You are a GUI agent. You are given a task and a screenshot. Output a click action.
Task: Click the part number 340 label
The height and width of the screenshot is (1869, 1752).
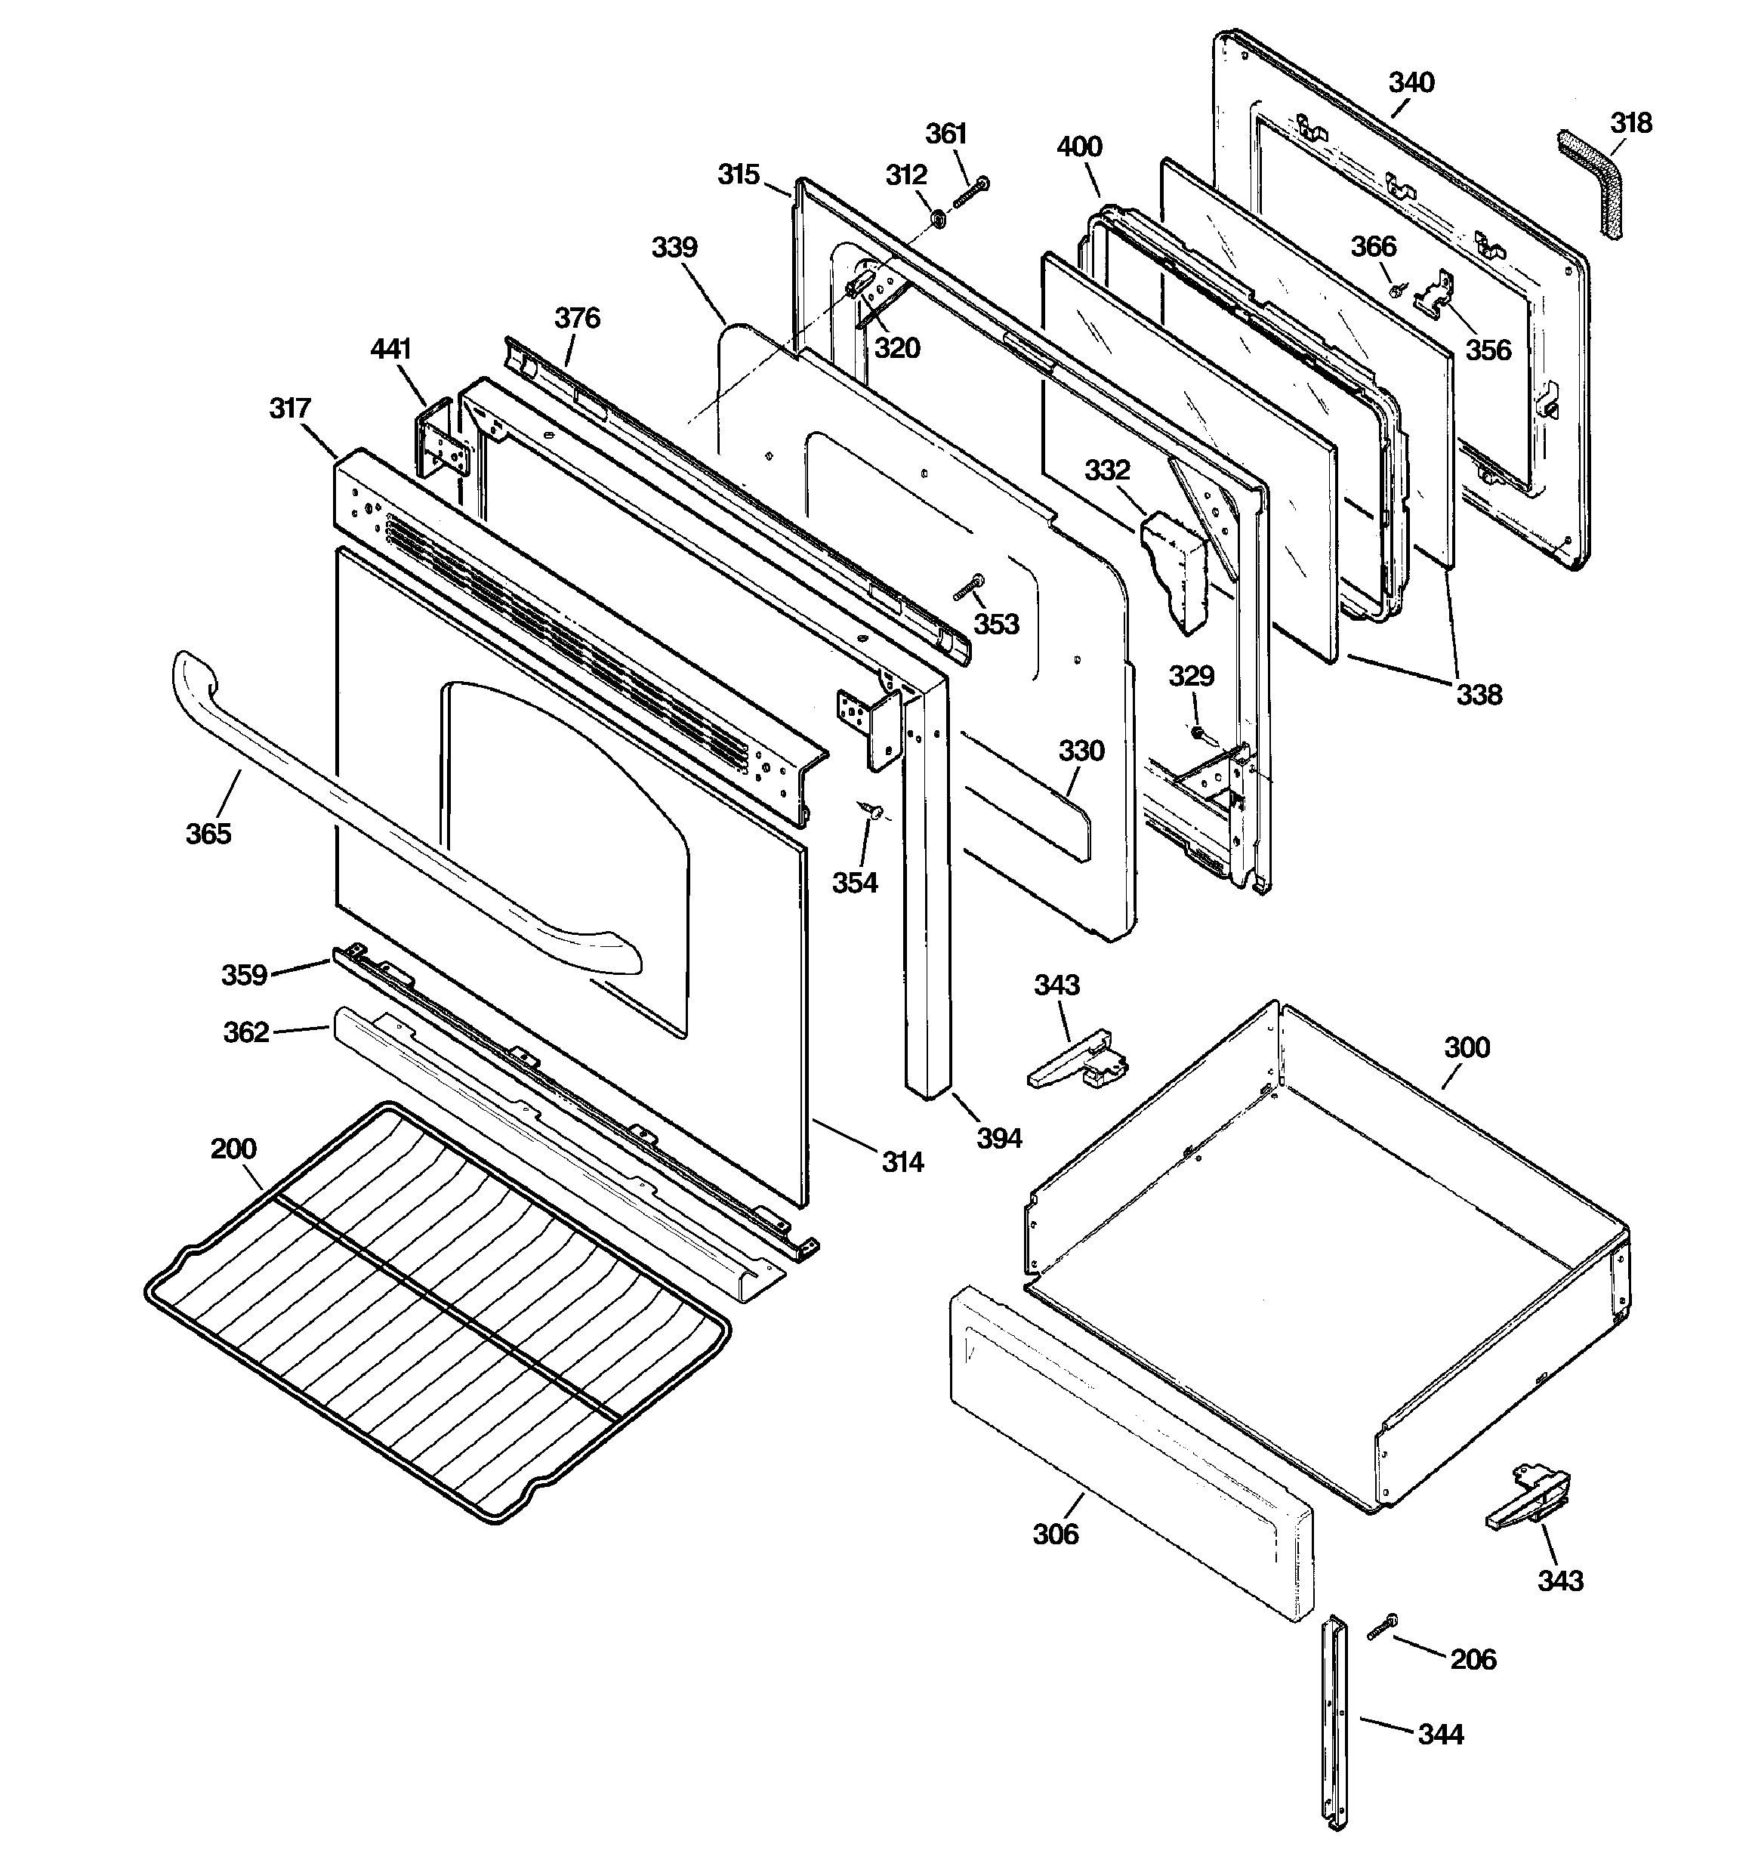tap(1411, 83)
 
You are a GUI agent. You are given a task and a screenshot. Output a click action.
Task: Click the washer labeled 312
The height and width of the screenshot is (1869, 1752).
tap(938, 219)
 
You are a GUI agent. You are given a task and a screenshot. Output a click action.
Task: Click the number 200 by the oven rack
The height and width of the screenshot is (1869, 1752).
tap(233, 1149)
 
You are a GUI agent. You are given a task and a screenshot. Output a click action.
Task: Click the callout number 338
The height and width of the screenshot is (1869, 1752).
tap(1479, 695)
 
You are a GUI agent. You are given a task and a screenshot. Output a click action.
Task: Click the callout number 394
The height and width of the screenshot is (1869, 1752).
tap(999, 1139)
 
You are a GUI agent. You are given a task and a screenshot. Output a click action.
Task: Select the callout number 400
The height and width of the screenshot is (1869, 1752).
tap(1080, 146)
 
